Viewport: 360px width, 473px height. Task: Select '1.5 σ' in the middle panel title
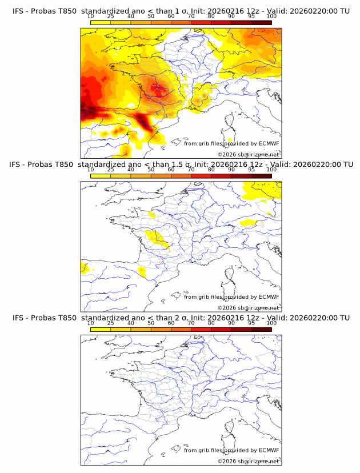[x=161, y=165]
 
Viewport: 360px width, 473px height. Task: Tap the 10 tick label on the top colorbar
[x=90, y=16]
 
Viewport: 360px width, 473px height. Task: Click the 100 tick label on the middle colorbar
[x=271, y=170]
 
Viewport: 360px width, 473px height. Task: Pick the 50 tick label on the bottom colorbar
[x=151, y=323]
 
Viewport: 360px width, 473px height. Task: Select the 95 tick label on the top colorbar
[x=251, y=16]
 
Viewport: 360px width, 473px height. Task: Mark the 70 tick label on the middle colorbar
[x=191, y=170]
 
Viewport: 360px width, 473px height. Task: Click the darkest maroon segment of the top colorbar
[x=261, y=22]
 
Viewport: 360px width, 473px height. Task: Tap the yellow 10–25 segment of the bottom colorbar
[x=100, y=329]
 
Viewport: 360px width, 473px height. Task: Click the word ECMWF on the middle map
[x=269, y=296]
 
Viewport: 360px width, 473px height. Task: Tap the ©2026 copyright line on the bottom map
[x=248, y=461]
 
